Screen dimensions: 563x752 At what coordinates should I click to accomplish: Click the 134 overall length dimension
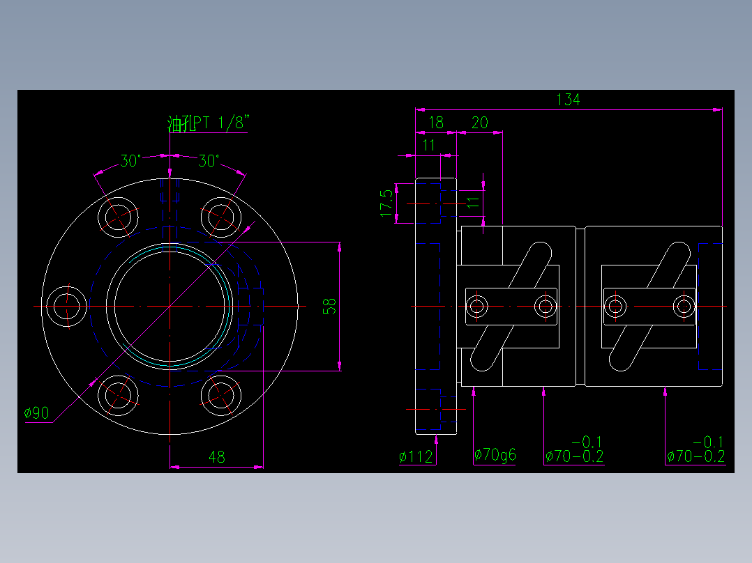pos(568,100)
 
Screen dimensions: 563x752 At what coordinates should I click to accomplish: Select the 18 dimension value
pos(435,123)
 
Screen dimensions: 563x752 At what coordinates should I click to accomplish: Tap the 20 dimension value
pos(480,123)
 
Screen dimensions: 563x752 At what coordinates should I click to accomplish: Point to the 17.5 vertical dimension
pos(386,203)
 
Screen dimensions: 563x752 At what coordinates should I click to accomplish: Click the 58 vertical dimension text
pos(330,306)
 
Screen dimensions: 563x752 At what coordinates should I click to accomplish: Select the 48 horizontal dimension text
pos(217,457)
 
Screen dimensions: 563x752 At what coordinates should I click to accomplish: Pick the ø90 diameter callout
pos(36,413)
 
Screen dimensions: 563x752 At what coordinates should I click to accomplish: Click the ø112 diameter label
pos(416,457)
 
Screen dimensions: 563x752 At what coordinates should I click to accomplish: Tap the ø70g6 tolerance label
pos(495,456)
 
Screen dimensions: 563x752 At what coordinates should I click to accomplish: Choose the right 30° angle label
pos(209,161)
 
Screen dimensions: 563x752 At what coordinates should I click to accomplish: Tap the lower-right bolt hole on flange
pos(222,395)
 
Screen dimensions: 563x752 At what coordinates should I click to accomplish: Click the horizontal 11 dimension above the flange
pos(429,145)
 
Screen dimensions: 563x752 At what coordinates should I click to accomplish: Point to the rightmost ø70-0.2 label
pos(695,456)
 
